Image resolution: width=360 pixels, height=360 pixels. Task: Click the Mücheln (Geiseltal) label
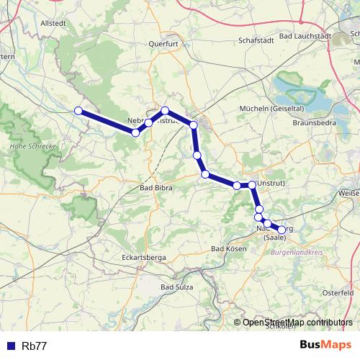pos(269,109)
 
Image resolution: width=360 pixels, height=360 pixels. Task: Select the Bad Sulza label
pos(177,287)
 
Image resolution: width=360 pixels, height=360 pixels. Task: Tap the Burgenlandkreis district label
pos(296,253)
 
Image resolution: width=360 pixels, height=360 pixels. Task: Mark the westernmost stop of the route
pos(78,110)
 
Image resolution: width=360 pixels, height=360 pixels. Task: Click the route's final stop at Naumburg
pos(282,230)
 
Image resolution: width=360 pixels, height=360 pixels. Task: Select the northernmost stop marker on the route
pos(165,110)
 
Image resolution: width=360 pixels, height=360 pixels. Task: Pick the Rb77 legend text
pos(34,346)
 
